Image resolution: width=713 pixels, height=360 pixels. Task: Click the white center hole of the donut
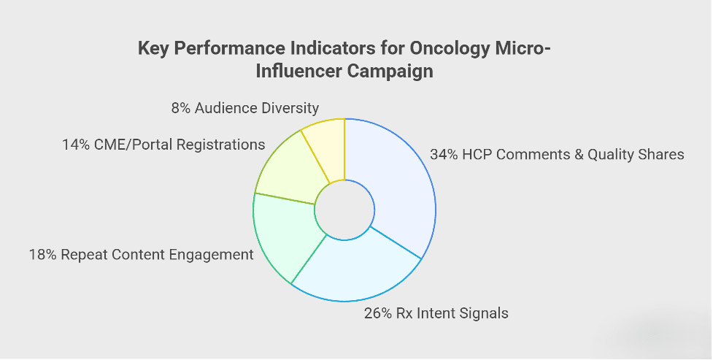tap(344, 210)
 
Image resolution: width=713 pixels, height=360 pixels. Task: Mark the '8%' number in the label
tap(180, 108)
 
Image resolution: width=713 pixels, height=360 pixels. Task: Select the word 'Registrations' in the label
tap(221, 145)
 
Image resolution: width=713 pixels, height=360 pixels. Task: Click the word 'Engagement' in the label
tap(211, 255)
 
